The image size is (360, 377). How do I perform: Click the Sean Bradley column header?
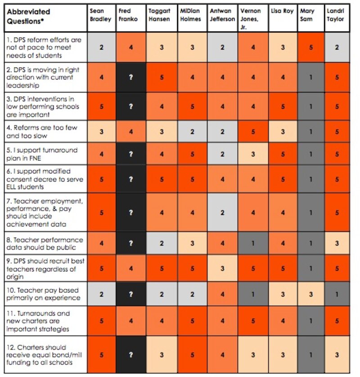tap(101, 15)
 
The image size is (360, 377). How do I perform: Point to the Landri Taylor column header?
tap(337, 15)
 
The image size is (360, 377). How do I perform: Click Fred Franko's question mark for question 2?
tap(131, 77)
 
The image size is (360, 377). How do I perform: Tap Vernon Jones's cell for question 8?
tap(253, 243)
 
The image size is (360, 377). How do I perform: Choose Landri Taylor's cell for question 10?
tap(337, 294)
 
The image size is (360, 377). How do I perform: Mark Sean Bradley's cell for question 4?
tap(101, 132)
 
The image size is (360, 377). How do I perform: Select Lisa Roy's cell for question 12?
tap(283, 354)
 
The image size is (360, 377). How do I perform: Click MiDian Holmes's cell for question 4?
tap(193, 132)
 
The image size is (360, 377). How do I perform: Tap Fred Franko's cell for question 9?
tap(131, 269)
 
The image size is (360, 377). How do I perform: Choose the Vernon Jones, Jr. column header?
tap(253, 18)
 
